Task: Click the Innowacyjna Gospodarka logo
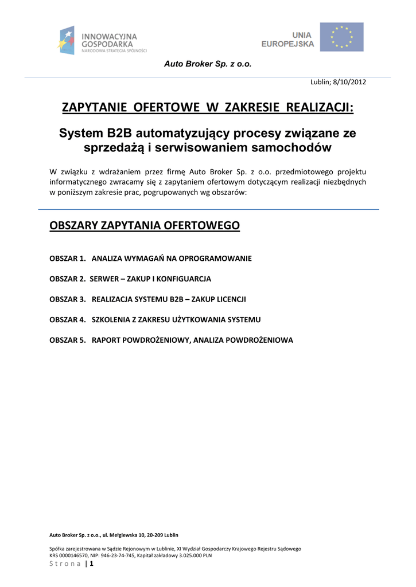(x=102, y=40)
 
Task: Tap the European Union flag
(x=341, y=37)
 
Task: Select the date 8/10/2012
(x=348, y=82)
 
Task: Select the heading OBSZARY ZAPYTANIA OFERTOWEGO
(x=145, y=225)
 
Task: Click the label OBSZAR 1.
(x=68, y=259)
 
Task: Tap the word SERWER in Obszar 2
(x=104, y=279)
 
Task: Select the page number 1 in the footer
(x=91, y=563)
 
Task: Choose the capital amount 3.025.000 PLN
(x=190, y=555)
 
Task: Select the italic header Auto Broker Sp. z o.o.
(x=208, y=64)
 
